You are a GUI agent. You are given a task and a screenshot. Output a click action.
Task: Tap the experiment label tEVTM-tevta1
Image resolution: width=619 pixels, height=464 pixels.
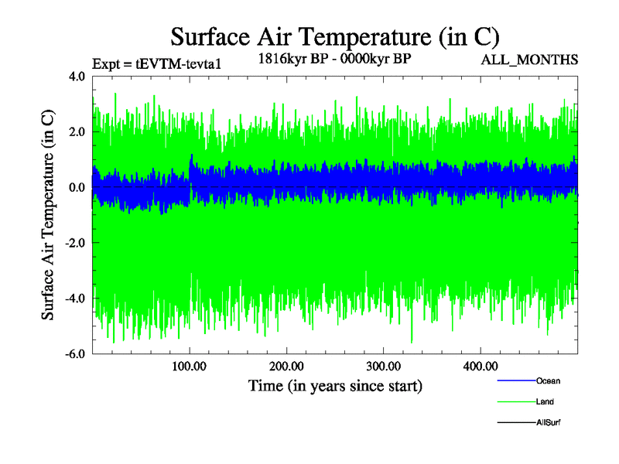tap(156, 63)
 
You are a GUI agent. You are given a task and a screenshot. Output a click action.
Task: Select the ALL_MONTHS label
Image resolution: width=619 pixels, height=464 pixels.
tap(530, 59)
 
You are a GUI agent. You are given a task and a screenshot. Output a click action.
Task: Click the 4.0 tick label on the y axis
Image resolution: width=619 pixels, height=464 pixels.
tap(77, 77)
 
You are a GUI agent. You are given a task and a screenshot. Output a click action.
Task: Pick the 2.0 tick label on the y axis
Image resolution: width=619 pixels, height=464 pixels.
tap(77, 132)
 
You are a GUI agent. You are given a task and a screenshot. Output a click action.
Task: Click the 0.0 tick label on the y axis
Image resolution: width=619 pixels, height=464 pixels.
tap(77, 188)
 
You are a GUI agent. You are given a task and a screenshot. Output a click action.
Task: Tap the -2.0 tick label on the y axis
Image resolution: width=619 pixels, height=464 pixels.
tap(74, 243)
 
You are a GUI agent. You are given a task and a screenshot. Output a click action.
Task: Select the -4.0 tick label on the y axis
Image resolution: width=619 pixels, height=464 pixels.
tap(74, 299)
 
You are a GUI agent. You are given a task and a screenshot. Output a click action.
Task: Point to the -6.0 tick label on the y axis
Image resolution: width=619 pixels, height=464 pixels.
tap(74, 354)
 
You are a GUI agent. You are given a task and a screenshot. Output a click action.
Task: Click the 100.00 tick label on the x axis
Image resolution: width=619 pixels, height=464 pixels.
tap(190, 366)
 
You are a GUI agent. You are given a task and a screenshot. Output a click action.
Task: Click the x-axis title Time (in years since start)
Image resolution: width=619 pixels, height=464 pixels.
tap(335, 384)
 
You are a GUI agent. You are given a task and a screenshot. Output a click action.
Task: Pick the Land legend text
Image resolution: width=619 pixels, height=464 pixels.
tap(545, 402)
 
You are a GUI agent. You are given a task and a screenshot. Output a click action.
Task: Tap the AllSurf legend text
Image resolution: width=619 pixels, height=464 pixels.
tap(548, 423)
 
